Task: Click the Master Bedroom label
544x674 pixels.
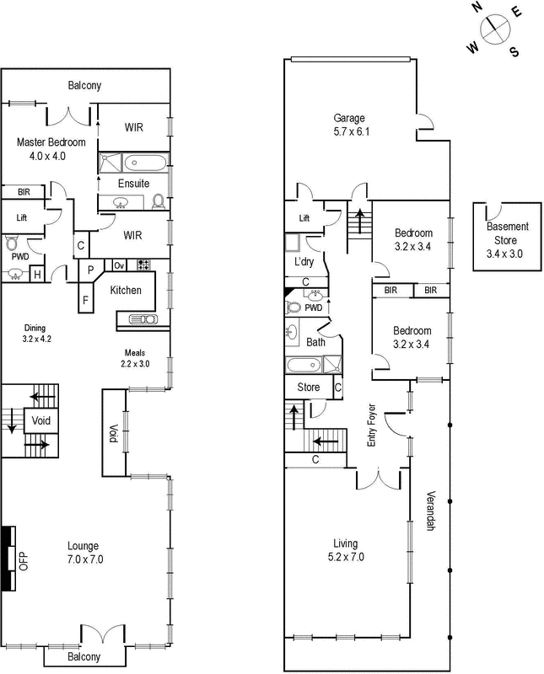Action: (x=47, y=149)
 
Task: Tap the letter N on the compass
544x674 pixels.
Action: (x=477, y=8)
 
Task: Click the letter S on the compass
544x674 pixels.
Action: (x=514, y=52)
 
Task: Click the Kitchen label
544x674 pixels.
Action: (x=126, y=291)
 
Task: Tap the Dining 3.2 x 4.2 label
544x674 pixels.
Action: (x=35, y=334)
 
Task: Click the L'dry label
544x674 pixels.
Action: (x=302, y=263)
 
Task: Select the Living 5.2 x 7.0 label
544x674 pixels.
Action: (x=345, y=549)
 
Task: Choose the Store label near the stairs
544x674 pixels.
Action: (x=308, y=388)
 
